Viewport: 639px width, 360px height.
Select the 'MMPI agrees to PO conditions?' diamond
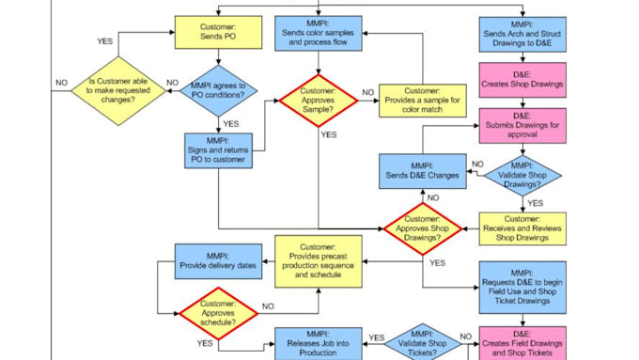coord(217,91)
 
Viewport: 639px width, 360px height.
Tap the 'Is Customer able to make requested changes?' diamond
coord(118,91)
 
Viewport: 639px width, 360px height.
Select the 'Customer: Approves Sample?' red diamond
coord(318,101)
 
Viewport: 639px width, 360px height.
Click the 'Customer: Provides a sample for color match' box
coord(422,101)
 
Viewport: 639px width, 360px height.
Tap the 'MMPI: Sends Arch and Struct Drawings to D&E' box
coord(522,33)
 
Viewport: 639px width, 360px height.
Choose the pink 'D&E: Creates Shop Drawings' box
coord(522,79)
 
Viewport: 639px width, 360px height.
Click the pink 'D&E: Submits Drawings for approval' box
coord(522,127)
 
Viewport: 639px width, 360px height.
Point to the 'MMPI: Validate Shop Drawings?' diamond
coord(522,173)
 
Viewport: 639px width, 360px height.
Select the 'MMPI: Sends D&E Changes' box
coord(423,171)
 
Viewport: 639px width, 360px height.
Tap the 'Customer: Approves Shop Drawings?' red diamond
coord(423,229)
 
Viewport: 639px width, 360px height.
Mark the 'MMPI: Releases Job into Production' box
coord(319,343)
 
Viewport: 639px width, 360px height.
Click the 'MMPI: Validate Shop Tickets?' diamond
coord(422,342)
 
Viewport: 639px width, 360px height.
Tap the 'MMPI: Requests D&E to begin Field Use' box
coord(522,287)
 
